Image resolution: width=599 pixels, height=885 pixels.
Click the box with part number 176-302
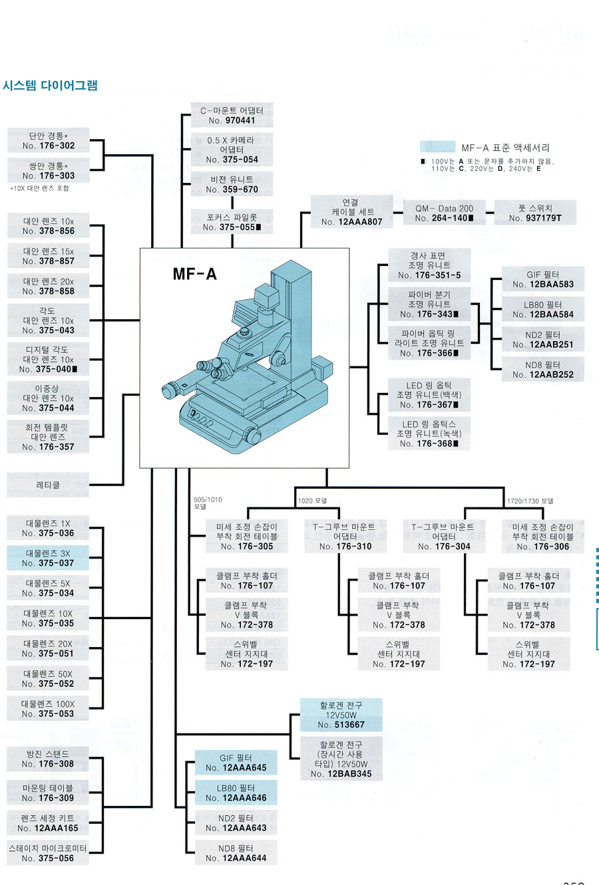click(48, 140)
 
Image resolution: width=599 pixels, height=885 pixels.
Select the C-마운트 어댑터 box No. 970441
click(232, 115)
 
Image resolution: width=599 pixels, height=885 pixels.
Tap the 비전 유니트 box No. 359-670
click(232, 184)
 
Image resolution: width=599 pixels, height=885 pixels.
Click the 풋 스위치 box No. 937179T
click(535, 213)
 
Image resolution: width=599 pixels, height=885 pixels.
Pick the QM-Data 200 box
click(444, 213)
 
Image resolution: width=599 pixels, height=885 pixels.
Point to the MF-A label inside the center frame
click(194, 274)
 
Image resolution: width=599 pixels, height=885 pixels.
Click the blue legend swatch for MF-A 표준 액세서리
click(437, 147)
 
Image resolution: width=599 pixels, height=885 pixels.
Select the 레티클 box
click(48, 485)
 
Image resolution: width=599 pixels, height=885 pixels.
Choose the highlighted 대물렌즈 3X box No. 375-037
click(48, 558)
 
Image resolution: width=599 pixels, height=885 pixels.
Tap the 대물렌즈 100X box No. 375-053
click(48, 709)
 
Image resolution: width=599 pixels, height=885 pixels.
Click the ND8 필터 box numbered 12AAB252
click(543, 370)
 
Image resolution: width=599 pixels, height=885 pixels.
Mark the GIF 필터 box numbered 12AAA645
click(236, 763)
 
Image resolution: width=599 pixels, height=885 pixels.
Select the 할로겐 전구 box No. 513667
click(341, 715)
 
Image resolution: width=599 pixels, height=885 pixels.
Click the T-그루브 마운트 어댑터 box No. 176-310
click(345, 537)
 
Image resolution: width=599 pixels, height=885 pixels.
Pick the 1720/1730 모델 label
click(530, 501)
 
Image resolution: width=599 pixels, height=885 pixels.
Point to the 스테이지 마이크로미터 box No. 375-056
click(48, 853)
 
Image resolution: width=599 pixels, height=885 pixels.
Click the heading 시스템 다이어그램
click(51, 85)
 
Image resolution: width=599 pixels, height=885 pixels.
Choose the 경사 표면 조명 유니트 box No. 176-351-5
click(429, 265)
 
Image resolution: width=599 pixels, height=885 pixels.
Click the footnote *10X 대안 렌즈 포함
click(39, 189)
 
